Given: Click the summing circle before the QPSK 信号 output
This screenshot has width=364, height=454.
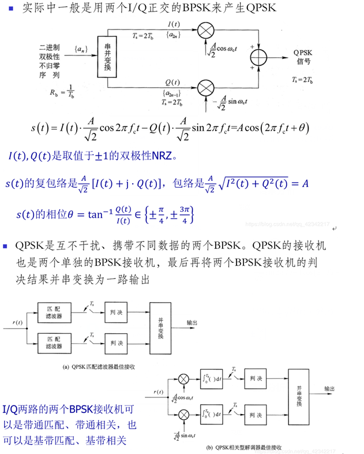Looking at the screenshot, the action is coord(259,58).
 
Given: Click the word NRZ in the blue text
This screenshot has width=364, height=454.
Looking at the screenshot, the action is coord(153,155).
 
